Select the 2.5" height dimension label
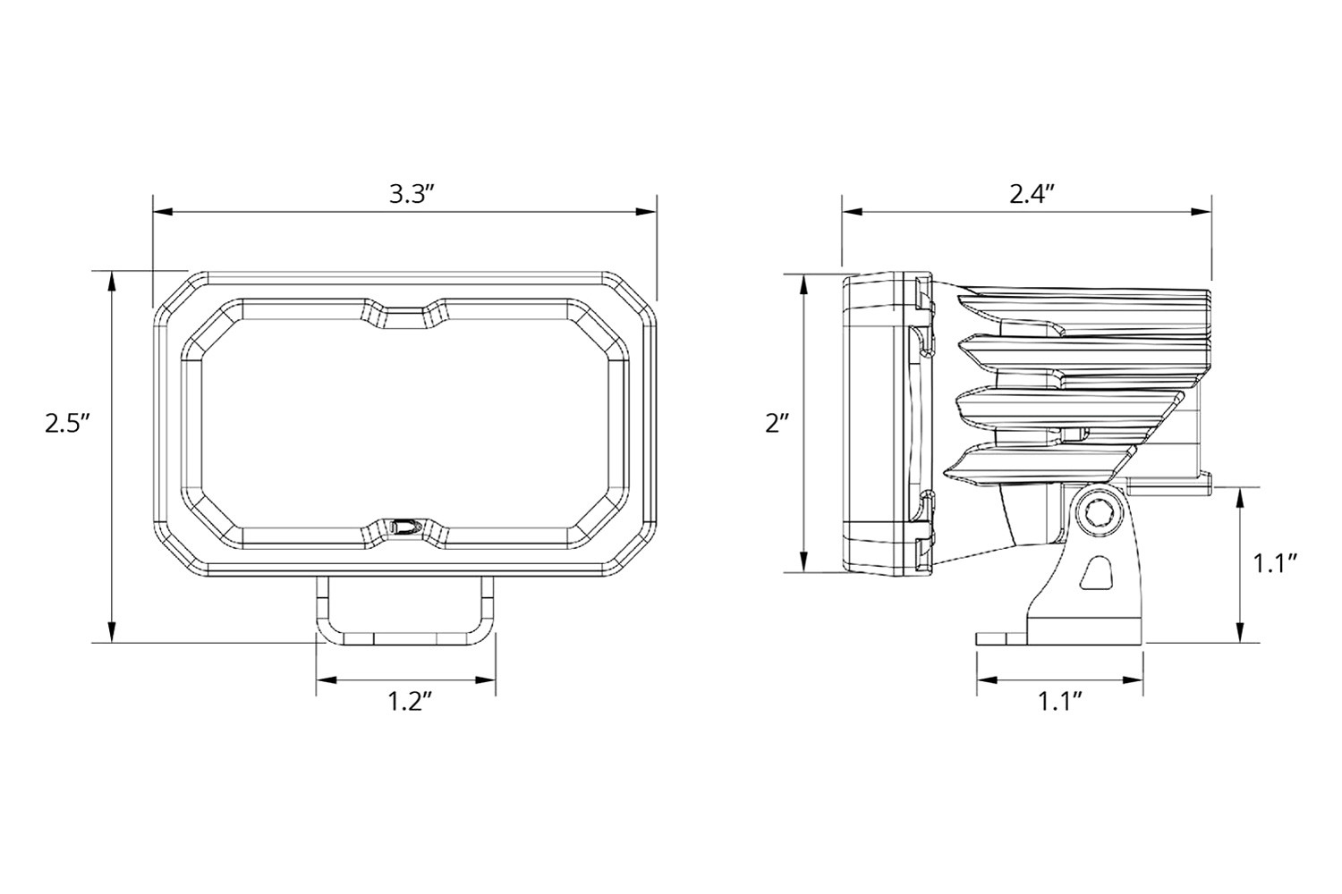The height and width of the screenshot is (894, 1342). (67, 423)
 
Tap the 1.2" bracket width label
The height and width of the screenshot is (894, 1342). (410, 702)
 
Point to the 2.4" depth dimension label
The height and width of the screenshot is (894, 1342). (1032, 194)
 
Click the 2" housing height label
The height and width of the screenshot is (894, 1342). (777, 423)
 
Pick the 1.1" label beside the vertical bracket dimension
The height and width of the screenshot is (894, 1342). (1276, 563)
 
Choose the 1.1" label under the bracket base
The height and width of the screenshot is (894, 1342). (1060, 702)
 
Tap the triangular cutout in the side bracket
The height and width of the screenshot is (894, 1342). (1095, 572)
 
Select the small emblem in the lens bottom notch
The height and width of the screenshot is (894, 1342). (404, 527)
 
